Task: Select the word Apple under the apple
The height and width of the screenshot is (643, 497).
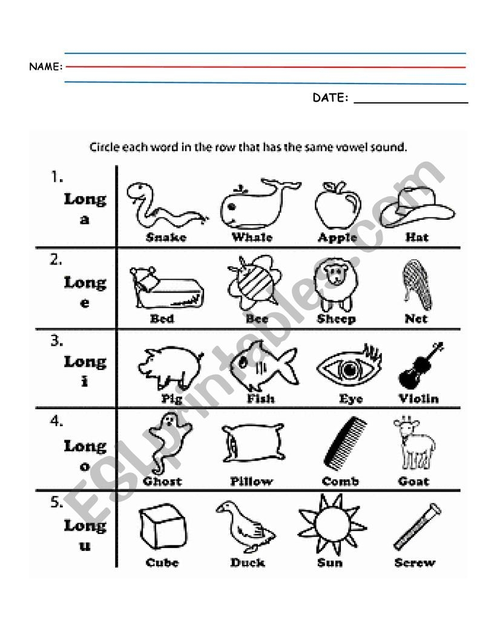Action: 337,237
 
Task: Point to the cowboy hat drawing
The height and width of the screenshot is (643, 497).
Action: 418,207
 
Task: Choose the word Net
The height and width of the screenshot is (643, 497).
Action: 416,318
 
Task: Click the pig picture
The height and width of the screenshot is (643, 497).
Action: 170,366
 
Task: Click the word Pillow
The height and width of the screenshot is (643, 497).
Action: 251,481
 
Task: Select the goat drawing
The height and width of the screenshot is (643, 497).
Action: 414,445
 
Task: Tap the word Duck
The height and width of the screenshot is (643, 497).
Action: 248,562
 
